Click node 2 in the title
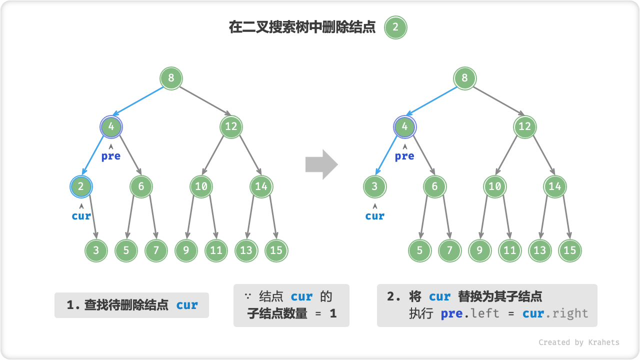tap(395, 27)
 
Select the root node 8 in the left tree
tap(171, 78)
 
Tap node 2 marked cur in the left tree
tap(81, 186)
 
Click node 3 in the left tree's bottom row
tap(96, 250)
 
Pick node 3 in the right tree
tap(374, 186)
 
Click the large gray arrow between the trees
tap(321, 164)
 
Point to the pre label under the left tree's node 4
tap(111, 156)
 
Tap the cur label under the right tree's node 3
tap(374, 216)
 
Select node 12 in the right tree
tap(524, 126)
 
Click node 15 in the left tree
tap(276, 250)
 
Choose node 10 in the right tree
tap(494, 186)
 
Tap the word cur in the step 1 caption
tap(187, 305)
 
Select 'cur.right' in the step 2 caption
tap(555, 314)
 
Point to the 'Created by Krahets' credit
tap(578, 342)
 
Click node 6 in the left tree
tap(141, 186)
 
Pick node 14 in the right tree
tap(554, 186)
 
